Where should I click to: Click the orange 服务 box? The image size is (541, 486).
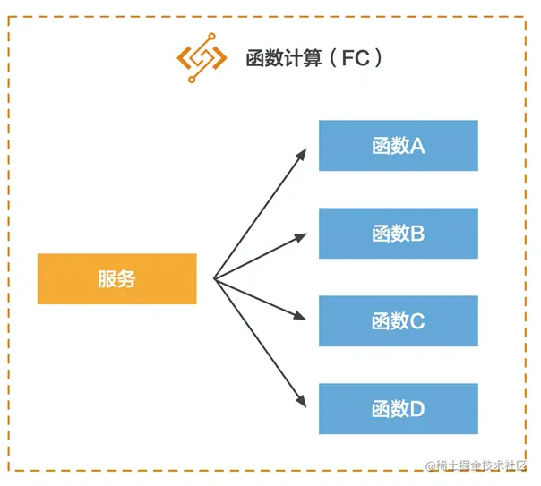coord(116,278)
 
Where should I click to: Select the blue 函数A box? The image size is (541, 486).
coord(398,146)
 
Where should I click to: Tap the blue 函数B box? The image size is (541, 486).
coord(398,234)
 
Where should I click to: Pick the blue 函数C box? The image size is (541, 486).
coord(398,321)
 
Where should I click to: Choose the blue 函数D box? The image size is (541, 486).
coord(398,409)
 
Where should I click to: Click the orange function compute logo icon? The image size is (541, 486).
coord(201,59)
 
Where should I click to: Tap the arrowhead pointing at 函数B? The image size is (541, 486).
coord(305,237)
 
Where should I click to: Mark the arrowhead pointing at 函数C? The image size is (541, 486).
coord(305,317)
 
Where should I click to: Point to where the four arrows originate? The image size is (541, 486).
coord(214,278)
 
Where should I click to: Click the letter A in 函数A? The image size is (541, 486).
coord(416,146)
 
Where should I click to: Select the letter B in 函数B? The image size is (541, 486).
coord(416,234)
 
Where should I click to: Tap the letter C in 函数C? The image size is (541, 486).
coord(416,321)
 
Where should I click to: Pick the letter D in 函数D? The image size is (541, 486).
coord(416,409)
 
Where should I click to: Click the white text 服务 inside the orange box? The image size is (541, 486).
coord(116,278)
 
